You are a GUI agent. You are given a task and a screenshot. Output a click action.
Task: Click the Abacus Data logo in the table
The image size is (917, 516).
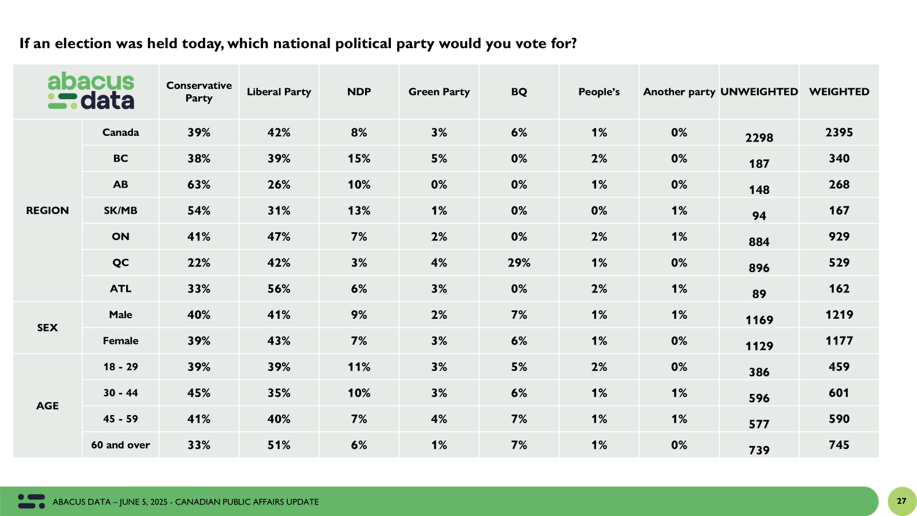coord(91,91)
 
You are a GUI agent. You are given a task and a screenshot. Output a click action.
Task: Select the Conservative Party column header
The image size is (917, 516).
coord(199,92)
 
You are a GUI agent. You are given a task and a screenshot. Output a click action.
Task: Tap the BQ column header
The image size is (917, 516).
coord(519,92)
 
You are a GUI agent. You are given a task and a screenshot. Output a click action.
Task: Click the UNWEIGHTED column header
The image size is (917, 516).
coord(759,92)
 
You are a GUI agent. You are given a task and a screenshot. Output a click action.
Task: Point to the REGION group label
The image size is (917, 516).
coord(48,210)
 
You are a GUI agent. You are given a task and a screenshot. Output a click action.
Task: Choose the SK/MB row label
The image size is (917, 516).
coord(120,210)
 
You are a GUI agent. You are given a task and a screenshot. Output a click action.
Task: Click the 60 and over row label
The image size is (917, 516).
coord(120,445)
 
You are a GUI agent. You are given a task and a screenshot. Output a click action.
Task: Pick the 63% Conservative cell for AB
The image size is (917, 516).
coord(199,185)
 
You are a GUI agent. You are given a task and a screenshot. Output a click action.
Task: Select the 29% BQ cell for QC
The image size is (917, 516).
coord(519,263)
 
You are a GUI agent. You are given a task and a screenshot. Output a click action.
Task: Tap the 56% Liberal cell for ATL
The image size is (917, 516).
coord(279,289)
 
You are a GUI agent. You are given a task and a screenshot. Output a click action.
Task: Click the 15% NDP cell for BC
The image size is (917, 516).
coord(359,159)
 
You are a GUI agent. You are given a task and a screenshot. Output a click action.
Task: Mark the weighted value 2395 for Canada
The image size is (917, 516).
coord(839,132)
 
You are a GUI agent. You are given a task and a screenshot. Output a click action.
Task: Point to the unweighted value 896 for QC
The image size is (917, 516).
coord(759,268)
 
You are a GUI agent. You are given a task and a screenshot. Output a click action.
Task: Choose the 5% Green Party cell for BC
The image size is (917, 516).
coord(439,159)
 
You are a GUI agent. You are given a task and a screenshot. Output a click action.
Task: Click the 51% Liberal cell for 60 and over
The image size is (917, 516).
coord(279,445)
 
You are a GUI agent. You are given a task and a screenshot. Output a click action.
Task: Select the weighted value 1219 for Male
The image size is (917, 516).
coord(839,315)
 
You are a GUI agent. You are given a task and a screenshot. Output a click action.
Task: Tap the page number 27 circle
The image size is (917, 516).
coord(902,501)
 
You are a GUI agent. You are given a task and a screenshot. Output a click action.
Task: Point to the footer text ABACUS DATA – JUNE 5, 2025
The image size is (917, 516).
coord(110,502)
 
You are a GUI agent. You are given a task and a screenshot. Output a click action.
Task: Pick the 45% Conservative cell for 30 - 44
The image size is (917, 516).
coord(199,393)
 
